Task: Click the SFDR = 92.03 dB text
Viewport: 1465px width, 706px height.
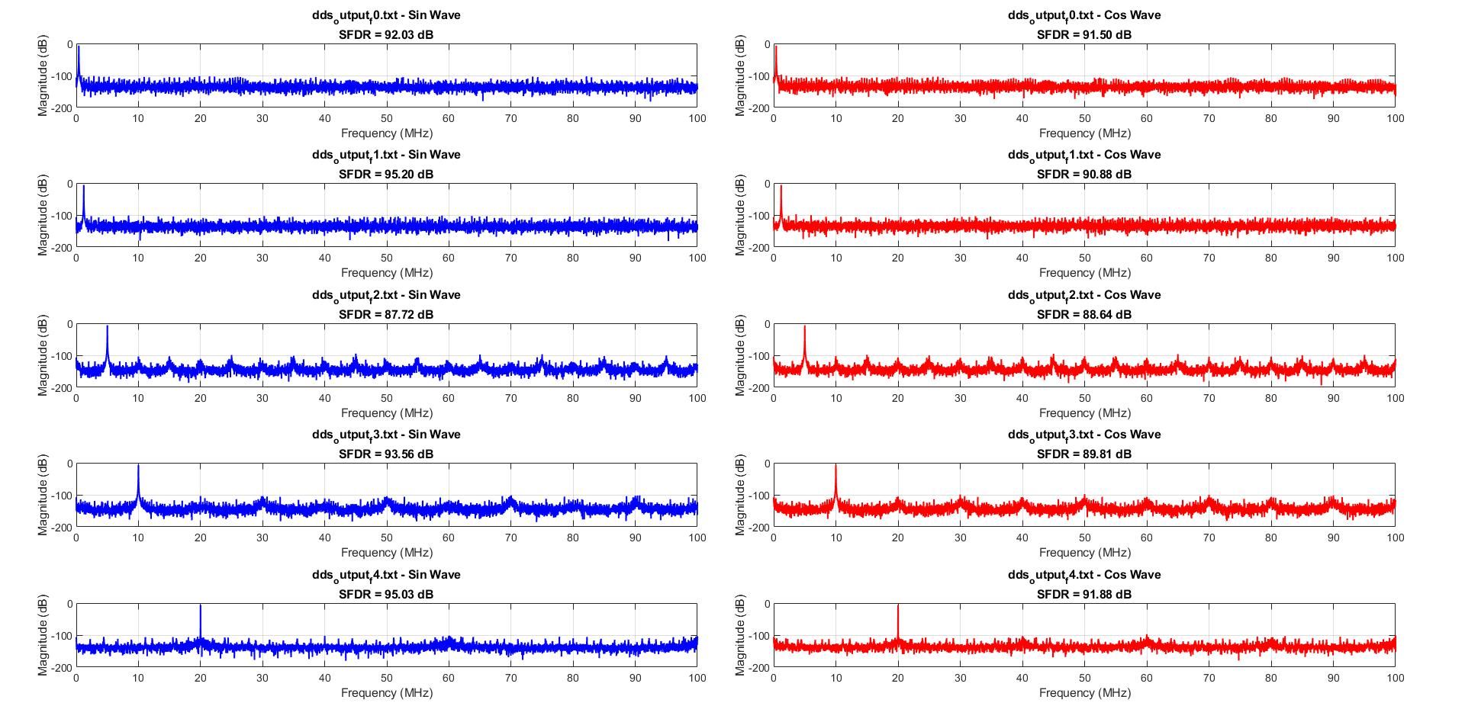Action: tap(385, 34)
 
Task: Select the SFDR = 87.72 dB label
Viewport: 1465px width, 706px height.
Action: tap(385, 314)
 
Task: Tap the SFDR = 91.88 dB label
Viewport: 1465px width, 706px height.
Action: tap(1083, 594)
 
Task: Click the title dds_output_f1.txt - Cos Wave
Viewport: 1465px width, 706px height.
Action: tap(1083, 154)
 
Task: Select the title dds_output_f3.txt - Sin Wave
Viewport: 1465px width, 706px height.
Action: tap(385, 434)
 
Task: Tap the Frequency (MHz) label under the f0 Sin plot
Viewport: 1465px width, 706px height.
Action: tap(386, 133)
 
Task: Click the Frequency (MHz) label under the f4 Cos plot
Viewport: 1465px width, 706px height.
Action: tap(1084, 692)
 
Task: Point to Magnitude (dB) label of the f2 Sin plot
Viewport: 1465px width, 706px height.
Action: tap(43, 356)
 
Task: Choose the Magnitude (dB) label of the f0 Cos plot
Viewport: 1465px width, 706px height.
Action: tap(740, 76)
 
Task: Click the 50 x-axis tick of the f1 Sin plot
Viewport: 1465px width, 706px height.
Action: tap(387, 258)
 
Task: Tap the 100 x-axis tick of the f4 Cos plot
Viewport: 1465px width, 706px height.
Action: tap(1395, 678)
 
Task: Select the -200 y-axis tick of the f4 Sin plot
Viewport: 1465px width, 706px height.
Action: tap(64, 667)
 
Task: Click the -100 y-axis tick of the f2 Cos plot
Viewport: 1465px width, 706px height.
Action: tap(761, 356)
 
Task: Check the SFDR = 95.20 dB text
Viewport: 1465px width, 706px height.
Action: tap(385, 174)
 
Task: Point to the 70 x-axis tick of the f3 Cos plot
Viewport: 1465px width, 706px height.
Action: tap(1209, 538)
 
